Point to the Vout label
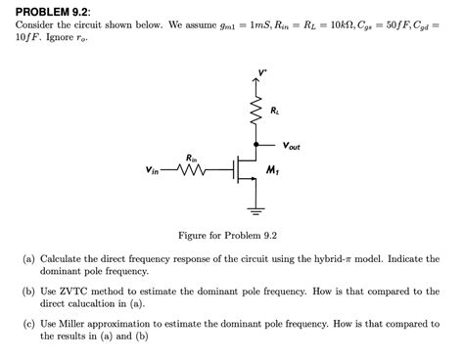click(x=291, y=146)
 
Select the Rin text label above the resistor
click(x=192, y=157)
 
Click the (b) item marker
click(x=30, y=292)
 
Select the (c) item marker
click(x=30, y=323)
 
